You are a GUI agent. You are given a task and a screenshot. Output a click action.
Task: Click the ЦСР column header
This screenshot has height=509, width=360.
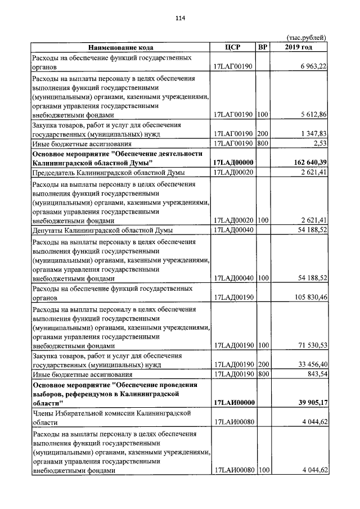pyautogui.click(x=232, y=47)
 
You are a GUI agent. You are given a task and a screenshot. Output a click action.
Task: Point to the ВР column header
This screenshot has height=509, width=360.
pyautogui.click(x=262, y=47)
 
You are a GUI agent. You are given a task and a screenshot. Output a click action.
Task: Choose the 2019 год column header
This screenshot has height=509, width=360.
pyautogui.click(x=299, y=47)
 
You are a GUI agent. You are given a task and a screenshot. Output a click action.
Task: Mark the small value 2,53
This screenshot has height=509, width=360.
pyautogui.click(x=321, y=144)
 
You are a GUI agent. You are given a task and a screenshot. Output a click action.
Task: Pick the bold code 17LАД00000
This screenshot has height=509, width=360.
pyautogui.click(x=233, y=163)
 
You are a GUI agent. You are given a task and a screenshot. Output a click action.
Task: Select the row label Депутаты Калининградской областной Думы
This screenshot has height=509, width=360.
pyautogui.click(x=102, y=230)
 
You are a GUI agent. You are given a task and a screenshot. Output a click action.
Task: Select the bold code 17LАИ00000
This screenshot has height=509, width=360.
pyautogui.click(x=233, y=403)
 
